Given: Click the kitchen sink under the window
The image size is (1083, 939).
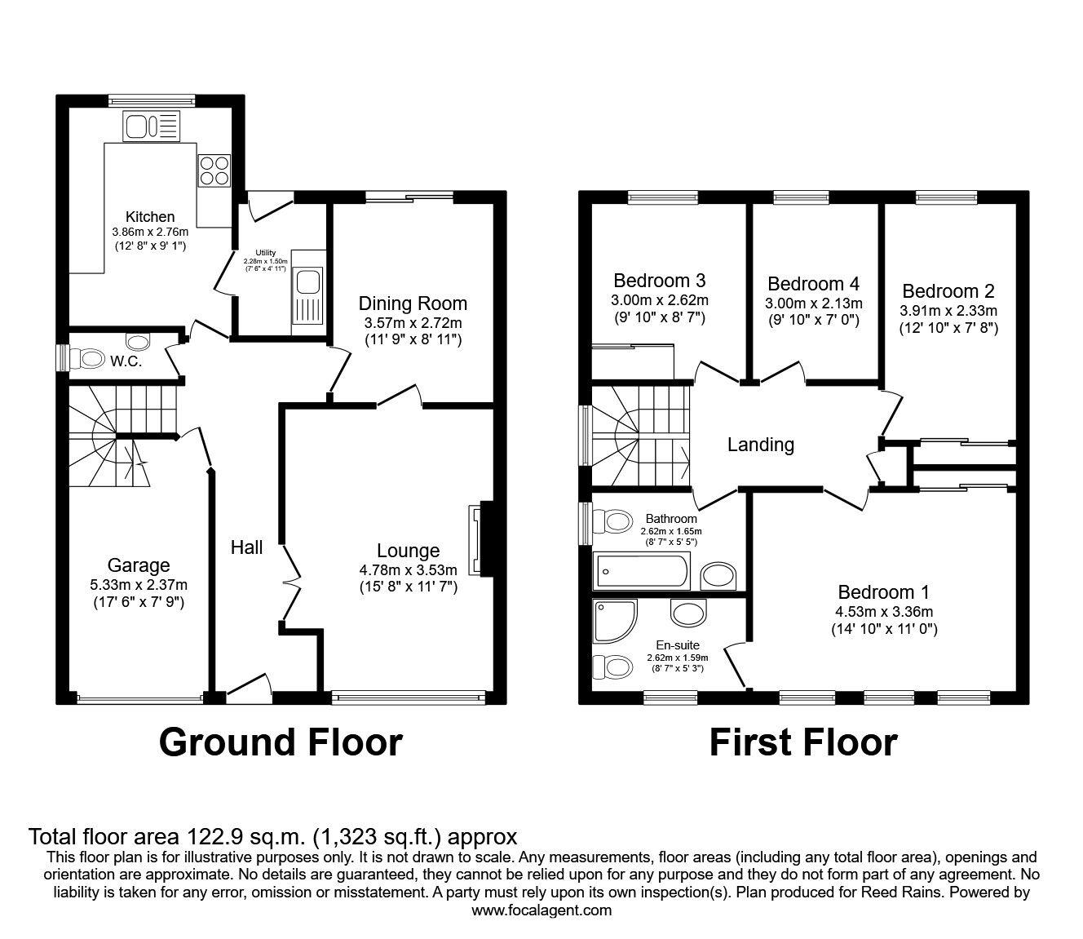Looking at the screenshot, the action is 151,126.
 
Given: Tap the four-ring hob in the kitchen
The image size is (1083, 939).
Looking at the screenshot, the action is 214,171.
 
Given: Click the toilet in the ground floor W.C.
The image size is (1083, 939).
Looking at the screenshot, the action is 89,359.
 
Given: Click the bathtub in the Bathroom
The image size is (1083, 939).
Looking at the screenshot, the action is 641,570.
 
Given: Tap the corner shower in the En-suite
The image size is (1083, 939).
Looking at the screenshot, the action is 615,622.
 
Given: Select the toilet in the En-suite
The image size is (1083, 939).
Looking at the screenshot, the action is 610,667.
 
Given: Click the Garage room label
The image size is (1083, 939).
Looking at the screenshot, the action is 139,565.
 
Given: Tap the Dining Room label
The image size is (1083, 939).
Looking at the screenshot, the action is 413,303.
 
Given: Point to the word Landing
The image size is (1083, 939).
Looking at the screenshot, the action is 761,445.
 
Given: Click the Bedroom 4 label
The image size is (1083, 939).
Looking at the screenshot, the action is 814,284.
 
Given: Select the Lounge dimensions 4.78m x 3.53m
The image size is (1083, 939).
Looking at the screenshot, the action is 408,569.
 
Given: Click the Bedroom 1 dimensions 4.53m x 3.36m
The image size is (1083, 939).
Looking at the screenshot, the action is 884,611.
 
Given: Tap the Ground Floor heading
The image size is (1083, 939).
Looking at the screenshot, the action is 281,742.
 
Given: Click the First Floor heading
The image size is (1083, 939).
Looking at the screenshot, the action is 804,742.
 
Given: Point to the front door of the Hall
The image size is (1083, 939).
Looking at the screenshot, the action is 250,689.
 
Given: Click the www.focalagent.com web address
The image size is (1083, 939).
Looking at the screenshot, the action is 541,910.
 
